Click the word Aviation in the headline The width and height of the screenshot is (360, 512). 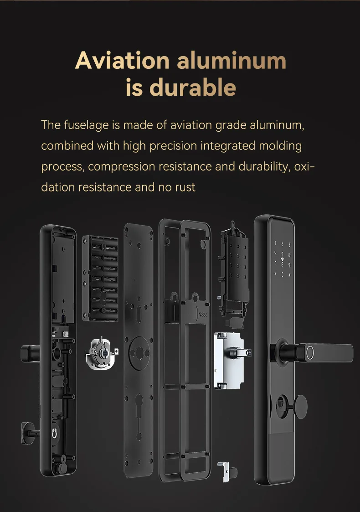click(122, 61)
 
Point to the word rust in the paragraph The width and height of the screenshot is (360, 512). click(185, 187)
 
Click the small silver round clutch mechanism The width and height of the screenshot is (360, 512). click(101, 353)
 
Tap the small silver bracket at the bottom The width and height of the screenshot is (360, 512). click(225, 471)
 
